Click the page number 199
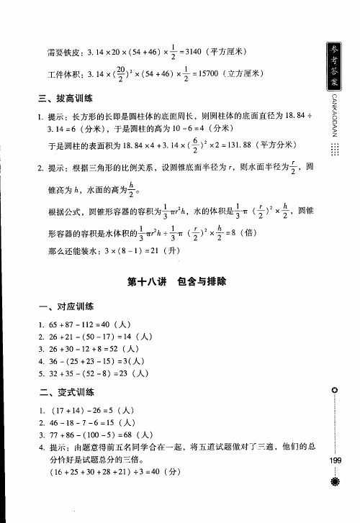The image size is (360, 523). click(x=335, y=460)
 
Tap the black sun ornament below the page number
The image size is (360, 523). click(x=335, y=481)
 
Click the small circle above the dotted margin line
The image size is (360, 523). click(x=335, y=389)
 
